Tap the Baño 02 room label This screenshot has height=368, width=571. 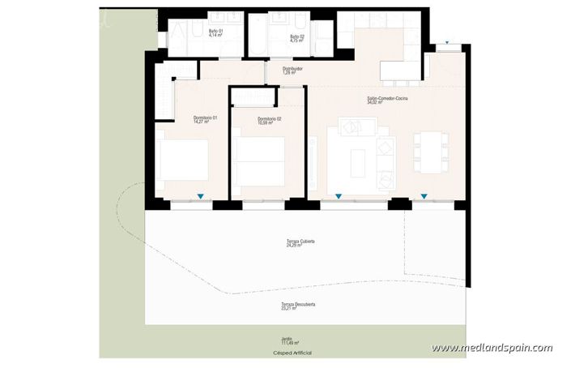[x=296, y=36]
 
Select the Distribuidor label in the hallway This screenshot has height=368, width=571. [x=292, y=71]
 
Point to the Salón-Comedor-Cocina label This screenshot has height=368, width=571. [x=387, y=100]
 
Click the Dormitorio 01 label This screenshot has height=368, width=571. [x=205, y=119]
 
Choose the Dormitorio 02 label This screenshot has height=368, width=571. [x=270, y=121]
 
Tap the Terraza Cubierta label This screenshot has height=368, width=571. [x=300, y=243]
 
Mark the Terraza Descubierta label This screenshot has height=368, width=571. [x=299, y=306]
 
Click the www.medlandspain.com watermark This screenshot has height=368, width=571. [x=492, y=348]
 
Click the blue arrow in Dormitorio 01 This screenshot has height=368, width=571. [x=201, y=195]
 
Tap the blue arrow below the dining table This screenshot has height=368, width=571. [x=423, y=195]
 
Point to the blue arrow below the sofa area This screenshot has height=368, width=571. [x=338, y=195]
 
